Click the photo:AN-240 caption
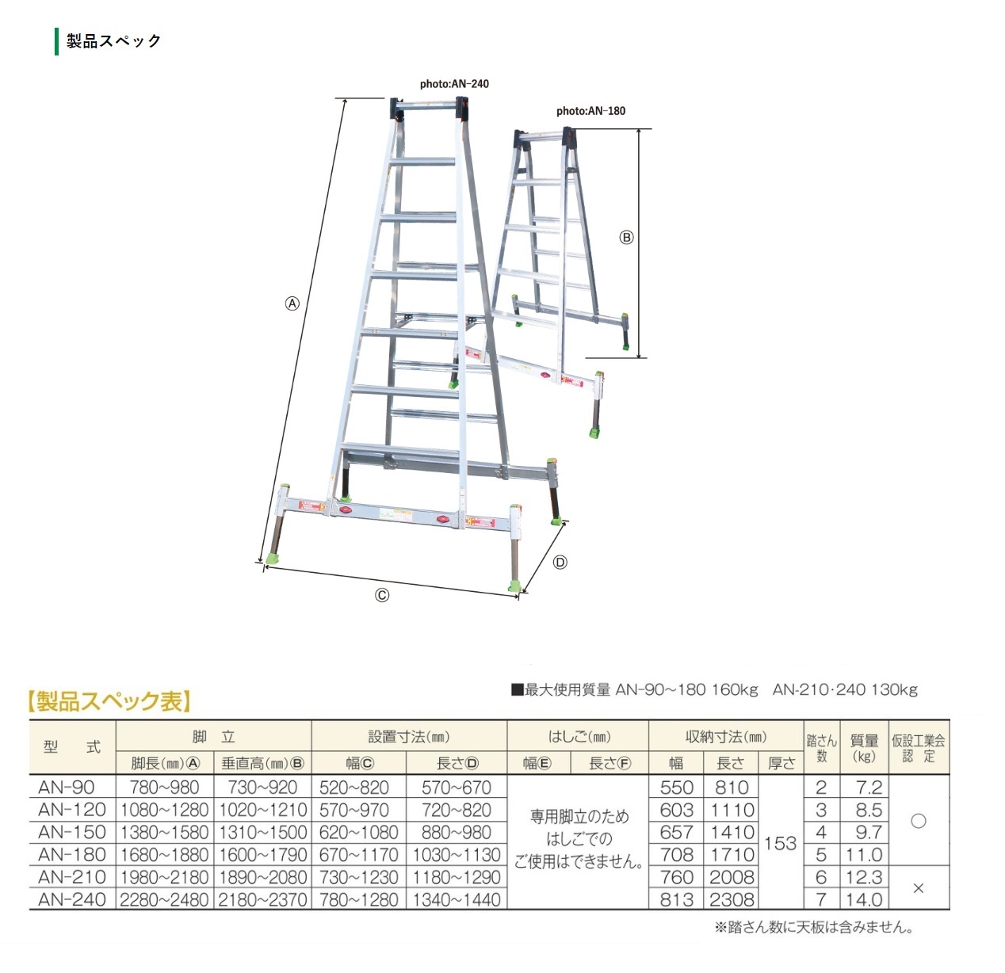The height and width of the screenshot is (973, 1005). coord(454,84)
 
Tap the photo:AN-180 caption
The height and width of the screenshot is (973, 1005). coord(590,111)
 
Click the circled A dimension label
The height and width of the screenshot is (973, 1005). coord(292,303)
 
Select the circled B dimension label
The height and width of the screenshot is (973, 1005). coord(626,238)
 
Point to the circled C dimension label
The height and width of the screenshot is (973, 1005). coord(382,595)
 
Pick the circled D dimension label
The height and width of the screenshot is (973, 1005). coord(560,562)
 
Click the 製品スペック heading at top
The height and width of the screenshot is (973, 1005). coord(114,40)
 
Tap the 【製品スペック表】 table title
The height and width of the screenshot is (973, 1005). coord(109,701)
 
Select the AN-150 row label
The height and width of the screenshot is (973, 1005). coord(72,832)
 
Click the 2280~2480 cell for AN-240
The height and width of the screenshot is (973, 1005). coord(164,899)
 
